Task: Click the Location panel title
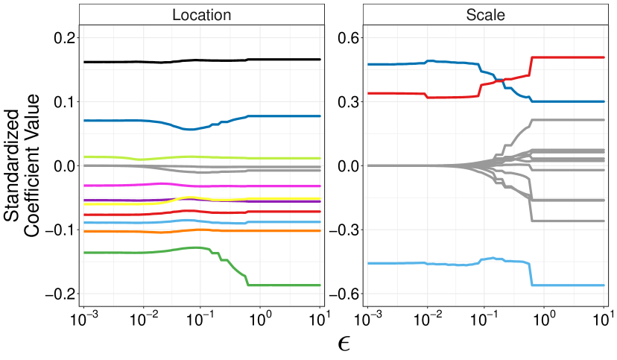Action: click(201, 14)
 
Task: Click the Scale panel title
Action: click(485, 14)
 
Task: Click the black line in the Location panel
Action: click(201, 60)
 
